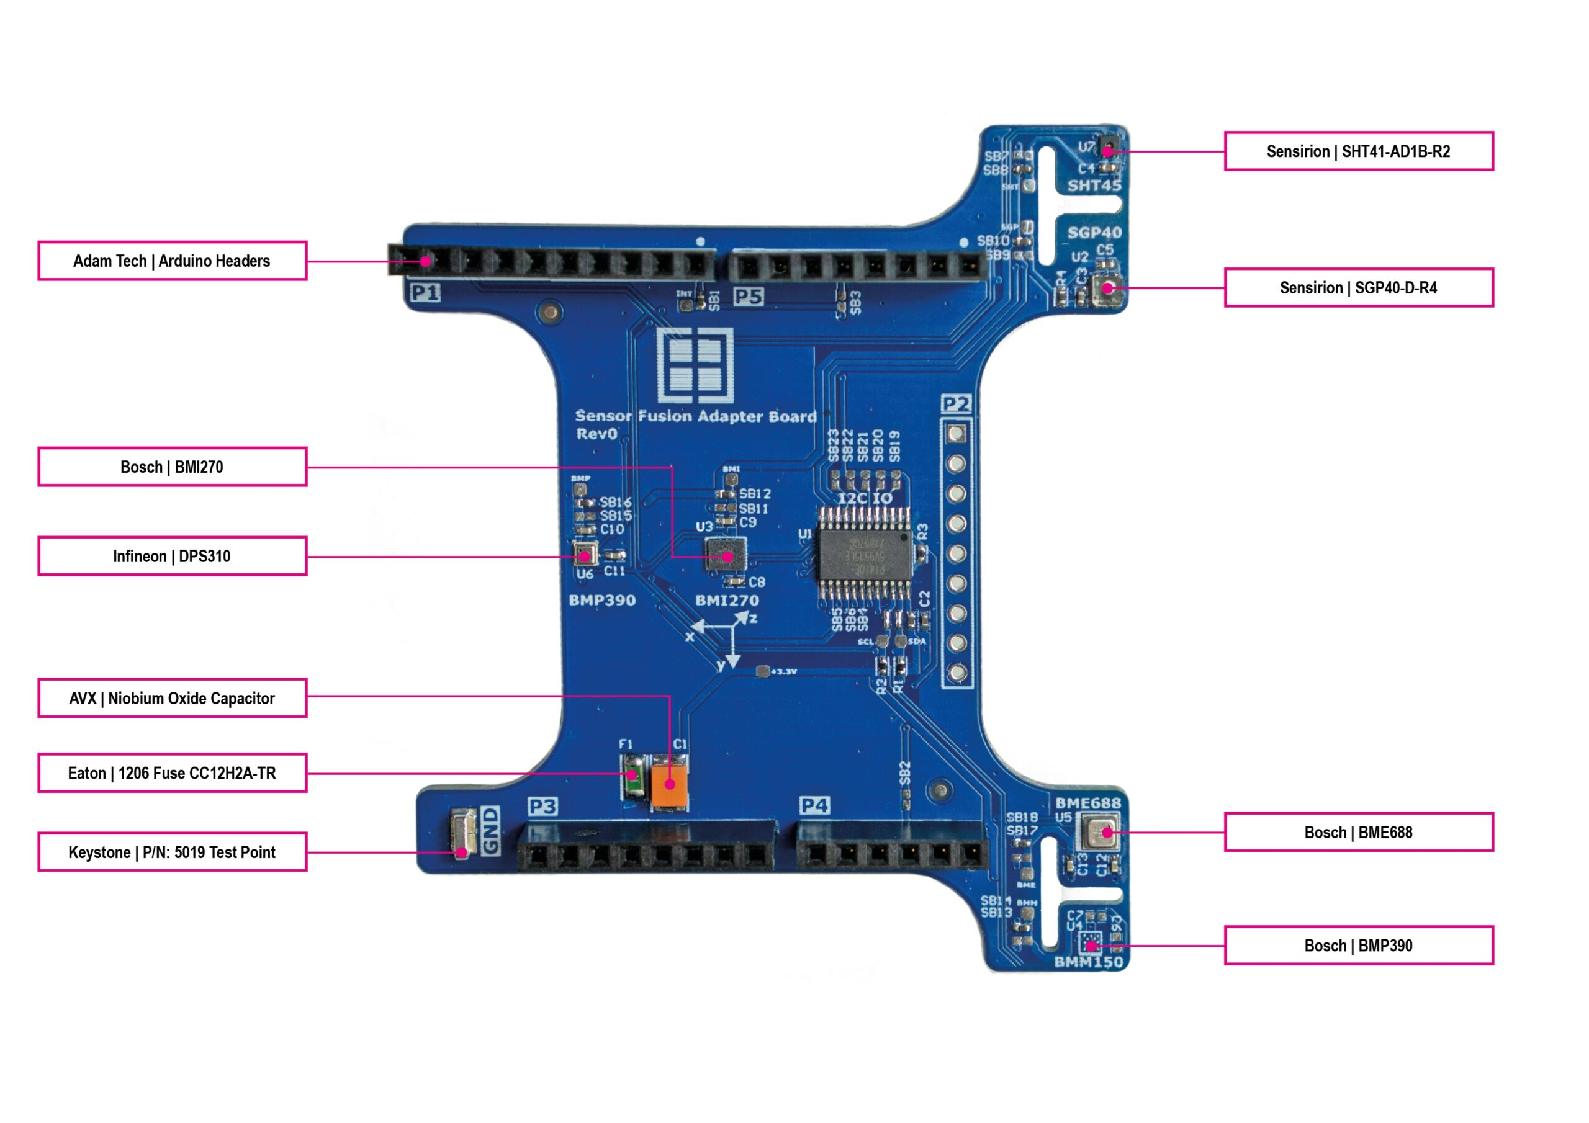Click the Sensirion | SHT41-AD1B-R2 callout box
click(x=1358, y=151)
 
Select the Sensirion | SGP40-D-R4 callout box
click(x=1358, y=287)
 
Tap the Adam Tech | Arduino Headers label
click(x=173, y=261)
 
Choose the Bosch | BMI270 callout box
click(x=173, y=467)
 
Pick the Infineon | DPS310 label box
click(x=173, y=556)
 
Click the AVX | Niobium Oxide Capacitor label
click(x=173, y=698)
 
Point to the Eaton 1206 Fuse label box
click(x=173, y=773)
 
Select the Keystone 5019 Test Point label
click(x=173, y=852)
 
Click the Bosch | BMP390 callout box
click(x=1358, y=945)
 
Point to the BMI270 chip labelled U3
click(x=726, y=555)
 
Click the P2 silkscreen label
click(x=957, y=403)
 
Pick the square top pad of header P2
click(x=957, y=434)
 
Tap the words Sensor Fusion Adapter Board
click(x=696, y=416)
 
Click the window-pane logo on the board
click(x=696, y=365)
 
